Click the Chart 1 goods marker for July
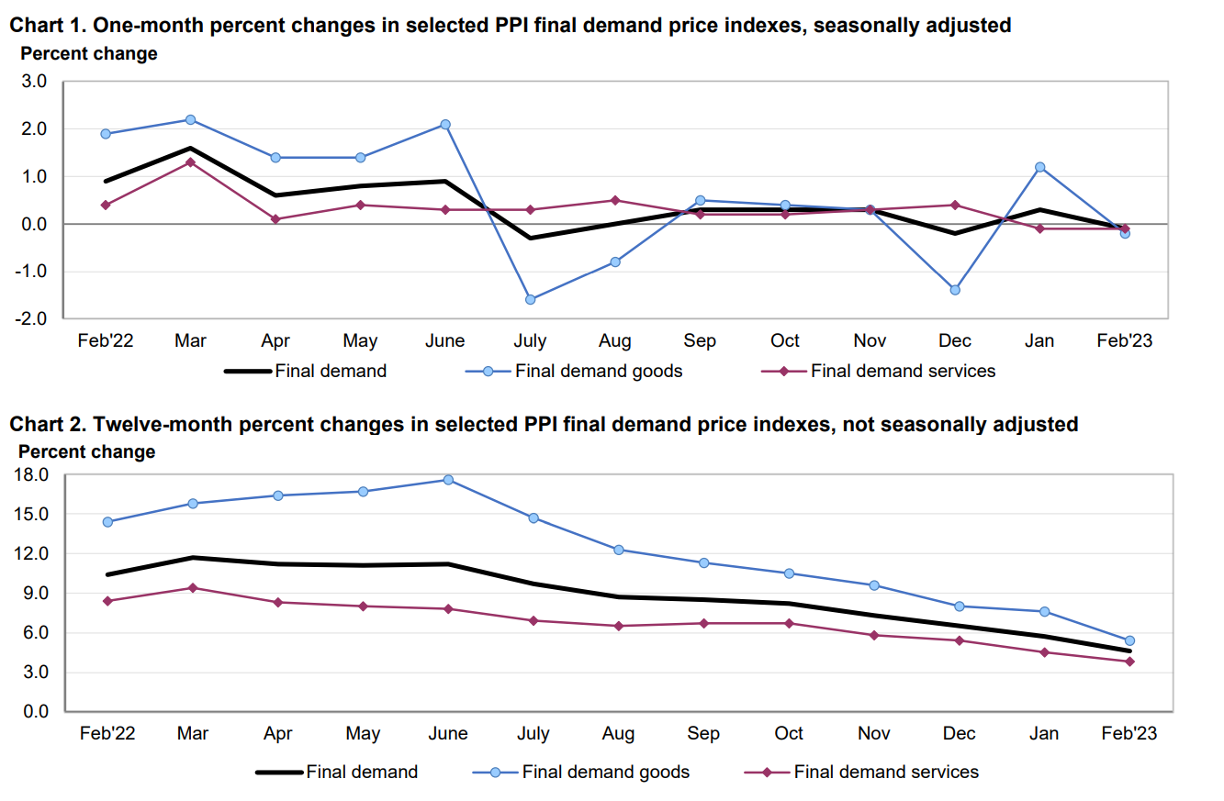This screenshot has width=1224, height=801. [530, 299]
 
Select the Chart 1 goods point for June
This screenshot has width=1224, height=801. [444, 125]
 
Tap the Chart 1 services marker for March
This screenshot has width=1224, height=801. [190, 162]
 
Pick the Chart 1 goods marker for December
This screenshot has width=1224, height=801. [955, 290]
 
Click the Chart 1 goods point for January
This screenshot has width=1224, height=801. [1040, 167]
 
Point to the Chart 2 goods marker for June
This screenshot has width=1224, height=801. [448, 480]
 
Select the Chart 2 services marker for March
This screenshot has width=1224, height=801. [193, 588]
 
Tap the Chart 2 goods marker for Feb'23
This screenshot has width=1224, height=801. [1129, 640]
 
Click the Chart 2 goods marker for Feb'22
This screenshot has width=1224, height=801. [107, 522]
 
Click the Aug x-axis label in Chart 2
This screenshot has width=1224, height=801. [618, 734]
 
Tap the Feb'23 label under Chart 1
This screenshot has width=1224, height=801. [1126, 341]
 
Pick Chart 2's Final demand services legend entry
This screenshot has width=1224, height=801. [886, 772]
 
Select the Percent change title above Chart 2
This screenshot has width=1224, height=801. [87, 451]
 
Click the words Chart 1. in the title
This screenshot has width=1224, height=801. [47, 26]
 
